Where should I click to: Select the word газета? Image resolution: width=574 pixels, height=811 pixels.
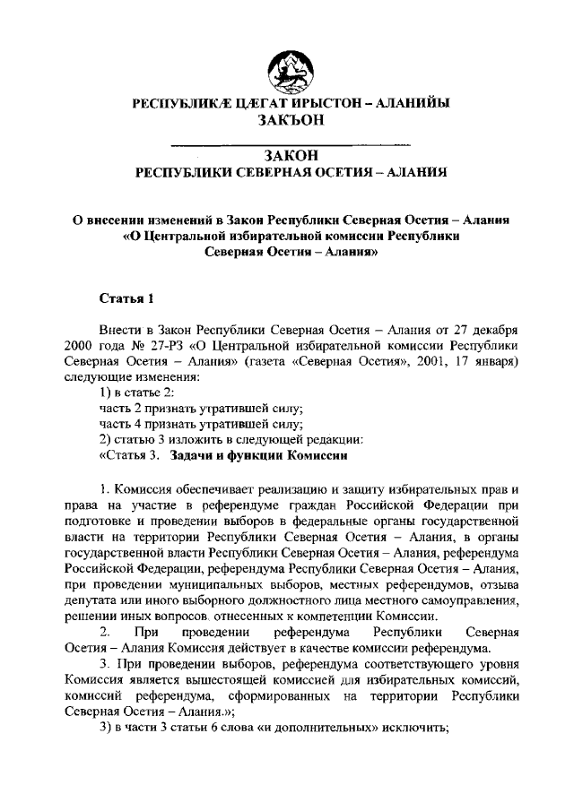pyautogui.click(x=280, y=360)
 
